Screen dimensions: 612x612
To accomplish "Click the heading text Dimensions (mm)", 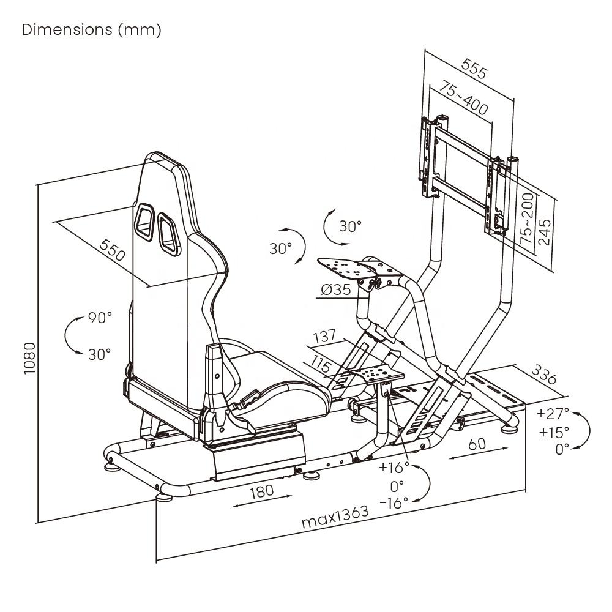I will coord(91,30).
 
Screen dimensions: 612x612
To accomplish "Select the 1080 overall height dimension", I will coord(30,357).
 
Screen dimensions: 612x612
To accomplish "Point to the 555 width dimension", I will coord(474,69).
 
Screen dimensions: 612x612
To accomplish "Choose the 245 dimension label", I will coord(543,231).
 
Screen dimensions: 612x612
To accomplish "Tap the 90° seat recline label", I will coord(100,318).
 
